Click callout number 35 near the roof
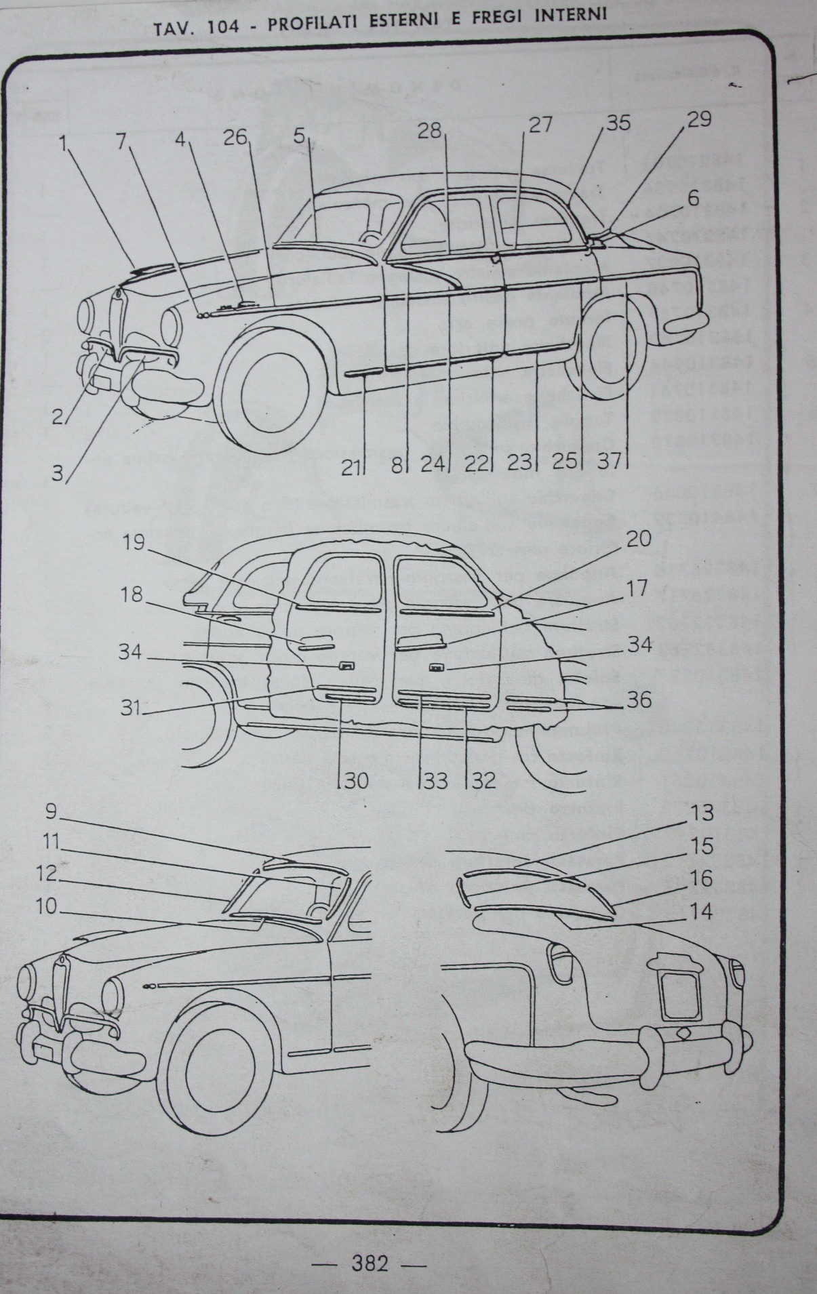(618, 123)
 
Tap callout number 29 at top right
(699, 119)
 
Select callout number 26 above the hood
(237, 137)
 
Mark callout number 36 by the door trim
(638, 699)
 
